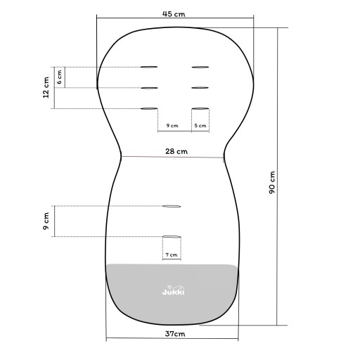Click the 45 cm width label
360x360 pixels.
[174, 14]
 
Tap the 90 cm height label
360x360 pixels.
[272, 182]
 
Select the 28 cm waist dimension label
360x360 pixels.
[176, 151]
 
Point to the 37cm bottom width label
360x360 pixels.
[175, 333]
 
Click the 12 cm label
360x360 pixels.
[46, 87]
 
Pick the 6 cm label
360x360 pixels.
[59, 77]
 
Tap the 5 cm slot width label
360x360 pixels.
[200, 126]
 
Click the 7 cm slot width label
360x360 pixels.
[172, 255]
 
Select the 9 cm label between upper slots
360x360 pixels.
[172, 125]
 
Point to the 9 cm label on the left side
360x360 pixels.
[46, 221]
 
